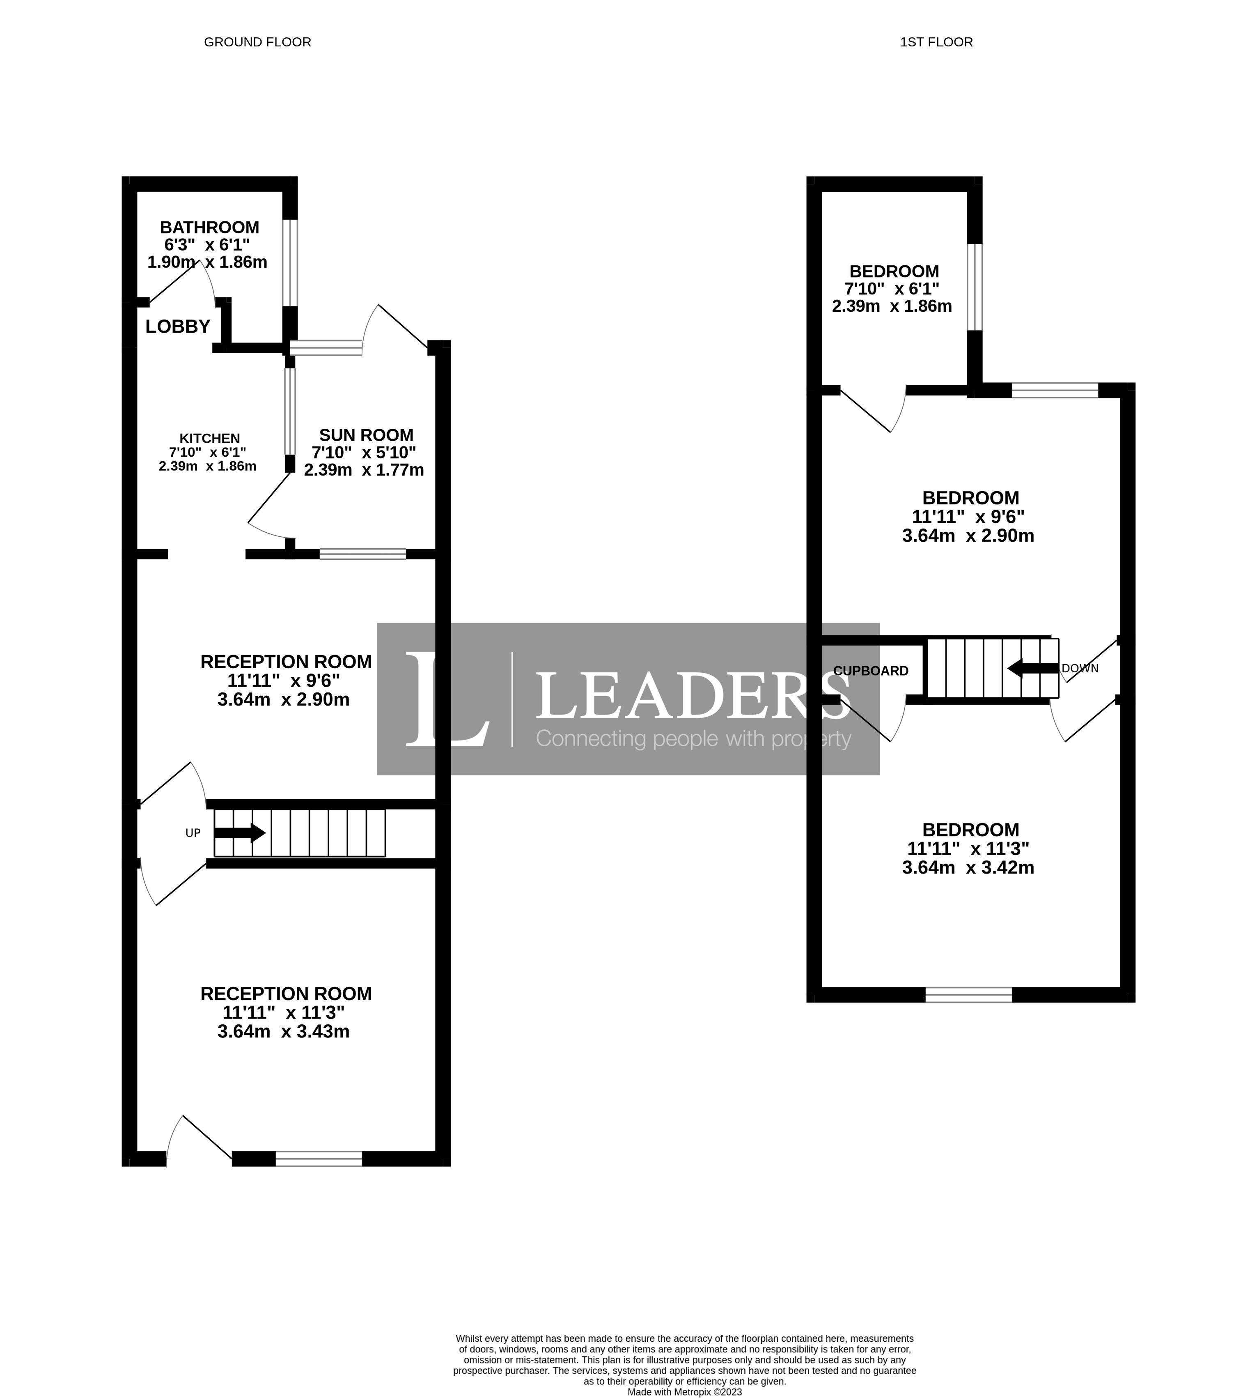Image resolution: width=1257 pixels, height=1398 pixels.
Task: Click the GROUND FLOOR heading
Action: (258, 42)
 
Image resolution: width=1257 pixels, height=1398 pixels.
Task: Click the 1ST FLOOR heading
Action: (936, 42)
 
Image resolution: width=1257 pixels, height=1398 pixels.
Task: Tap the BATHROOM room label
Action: (209, 228)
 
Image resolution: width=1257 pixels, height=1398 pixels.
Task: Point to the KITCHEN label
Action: (210, 438)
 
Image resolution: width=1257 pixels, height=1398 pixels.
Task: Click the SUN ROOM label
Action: (366, 435)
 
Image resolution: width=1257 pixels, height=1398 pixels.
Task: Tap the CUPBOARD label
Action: (871, 671)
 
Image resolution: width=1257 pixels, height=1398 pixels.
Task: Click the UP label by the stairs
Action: (193, 833)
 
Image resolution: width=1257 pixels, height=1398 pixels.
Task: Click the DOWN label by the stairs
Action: (1080, 668)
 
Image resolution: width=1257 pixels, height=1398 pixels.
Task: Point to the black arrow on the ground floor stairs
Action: (240, 833)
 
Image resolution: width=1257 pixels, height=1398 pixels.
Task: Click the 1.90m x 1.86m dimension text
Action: (207, 262)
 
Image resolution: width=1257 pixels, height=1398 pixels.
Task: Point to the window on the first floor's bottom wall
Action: (969, 995)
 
